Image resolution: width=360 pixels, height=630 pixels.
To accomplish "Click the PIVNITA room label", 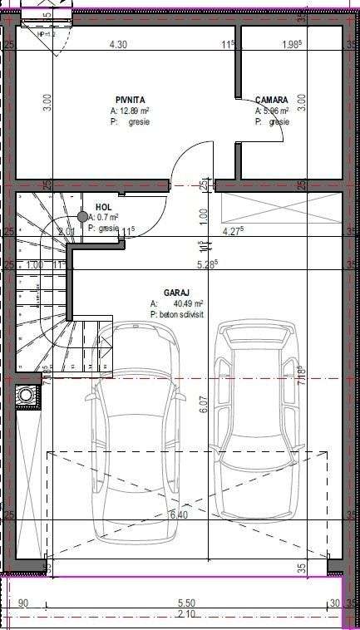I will click(131, 99).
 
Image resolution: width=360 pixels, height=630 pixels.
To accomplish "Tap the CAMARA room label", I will click(272, 99).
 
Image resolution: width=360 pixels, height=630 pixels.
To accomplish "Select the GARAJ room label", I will click(177, 293).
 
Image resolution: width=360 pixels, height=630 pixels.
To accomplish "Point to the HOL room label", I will click(103, 207).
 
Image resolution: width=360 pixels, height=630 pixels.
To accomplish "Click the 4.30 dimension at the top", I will click(117, 45).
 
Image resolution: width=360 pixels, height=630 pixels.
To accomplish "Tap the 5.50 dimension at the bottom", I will click(186, 603).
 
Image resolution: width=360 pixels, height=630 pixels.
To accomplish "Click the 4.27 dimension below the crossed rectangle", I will click(234, 231).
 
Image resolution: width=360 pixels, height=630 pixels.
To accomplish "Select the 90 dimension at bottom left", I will click(23, 603).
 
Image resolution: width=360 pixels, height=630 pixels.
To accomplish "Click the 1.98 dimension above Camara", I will click(291, 45).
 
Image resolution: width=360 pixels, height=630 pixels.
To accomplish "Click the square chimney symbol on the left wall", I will click(27, 396).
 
